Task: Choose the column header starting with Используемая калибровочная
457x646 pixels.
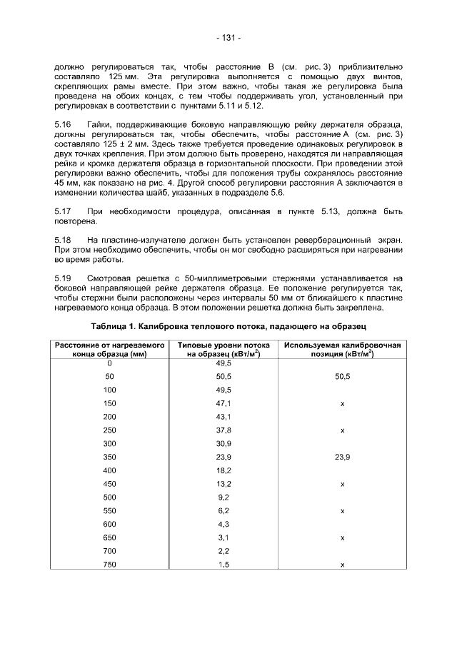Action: tap(342, 350)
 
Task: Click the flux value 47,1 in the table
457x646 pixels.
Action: tap(224, 403)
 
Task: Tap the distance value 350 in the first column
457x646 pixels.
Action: tap(109, 457)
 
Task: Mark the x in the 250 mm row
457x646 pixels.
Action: tap(343, 430)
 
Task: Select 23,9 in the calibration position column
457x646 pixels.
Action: tap(343, 457)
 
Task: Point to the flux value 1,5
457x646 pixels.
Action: tap(224, 565)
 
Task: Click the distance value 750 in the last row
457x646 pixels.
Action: tap(109, 565)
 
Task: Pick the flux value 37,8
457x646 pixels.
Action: tap(224, 430)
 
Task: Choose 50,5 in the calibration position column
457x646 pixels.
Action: tap(343, 376)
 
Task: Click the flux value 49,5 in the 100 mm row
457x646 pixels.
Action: tap(224, 390)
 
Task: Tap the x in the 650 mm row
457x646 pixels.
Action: tap(343, 538)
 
